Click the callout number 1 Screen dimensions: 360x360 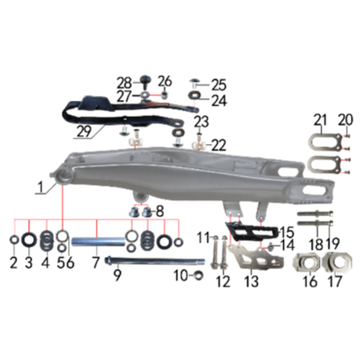pos(41,188)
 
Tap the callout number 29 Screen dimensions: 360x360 pos(85,132)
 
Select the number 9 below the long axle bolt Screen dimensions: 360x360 pos(117,274)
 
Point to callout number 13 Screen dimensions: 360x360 pos(252,281)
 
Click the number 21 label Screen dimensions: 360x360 pos(320,121)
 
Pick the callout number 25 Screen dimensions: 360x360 pos(219,85)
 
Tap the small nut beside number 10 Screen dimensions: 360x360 pos(198,276)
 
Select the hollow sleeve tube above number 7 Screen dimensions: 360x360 pos(98,242)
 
